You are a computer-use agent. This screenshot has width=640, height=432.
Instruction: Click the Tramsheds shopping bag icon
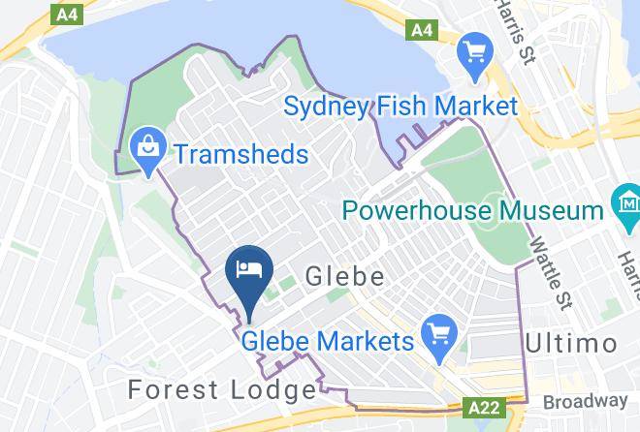tap(148, 150)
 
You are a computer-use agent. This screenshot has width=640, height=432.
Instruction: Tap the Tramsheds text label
tap(240, 154)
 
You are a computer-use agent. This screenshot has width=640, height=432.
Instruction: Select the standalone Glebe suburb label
tap(344, 278)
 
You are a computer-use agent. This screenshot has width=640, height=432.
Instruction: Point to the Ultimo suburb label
tap(570, 344)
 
